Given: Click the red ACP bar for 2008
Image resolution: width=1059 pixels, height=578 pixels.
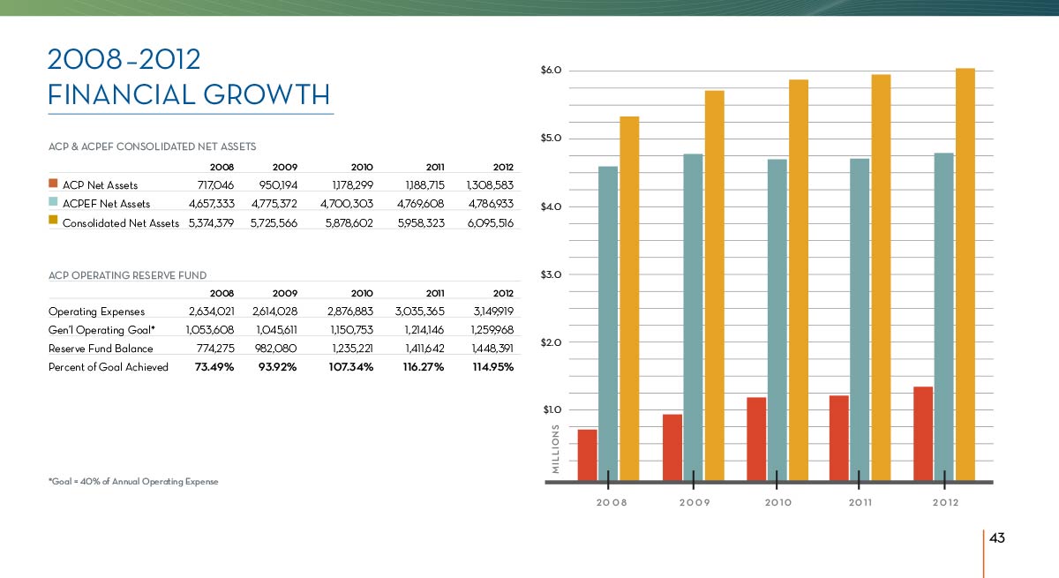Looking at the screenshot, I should click(x=587, y=454).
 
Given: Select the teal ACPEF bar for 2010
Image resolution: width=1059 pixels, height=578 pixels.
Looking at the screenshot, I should click(x=777, y=319).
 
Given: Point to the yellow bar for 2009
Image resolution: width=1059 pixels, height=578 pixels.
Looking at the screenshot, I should click(x=714, y=285).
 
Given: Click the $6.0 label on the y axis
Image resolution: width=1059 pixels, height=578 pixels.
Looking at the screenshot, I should click(x=552, y=71).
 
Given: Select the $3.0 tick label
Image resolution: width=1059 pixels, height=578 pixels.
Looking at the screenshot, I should click(x=552, y=274).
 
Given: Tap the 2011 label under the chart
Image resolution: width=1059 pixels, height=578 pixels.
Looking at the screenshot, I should click(x=860, y=502).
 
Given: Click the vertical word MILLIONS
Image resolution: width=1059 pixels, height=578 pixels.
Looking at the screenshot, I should click(x=555, y=449).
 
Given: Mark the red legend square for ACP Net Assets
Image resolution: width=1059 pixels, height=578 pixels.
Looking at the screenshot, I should click(x=53, y=184).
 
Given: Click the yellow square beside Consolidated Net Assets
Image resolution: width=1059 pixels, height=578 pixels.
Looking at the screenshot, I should click(x=53, y=221).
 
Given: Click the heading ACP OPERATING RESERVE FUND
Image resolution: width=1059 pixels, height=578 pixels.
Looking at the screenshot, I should click(x=127, y=275).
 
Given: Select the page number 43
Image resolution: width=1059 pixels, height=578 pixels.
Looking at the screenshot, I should click(x=998, y=538).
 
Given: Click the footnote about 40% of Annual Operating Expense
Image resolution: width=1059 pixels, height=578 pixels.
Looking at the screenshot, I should click(x=132, y=482).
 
